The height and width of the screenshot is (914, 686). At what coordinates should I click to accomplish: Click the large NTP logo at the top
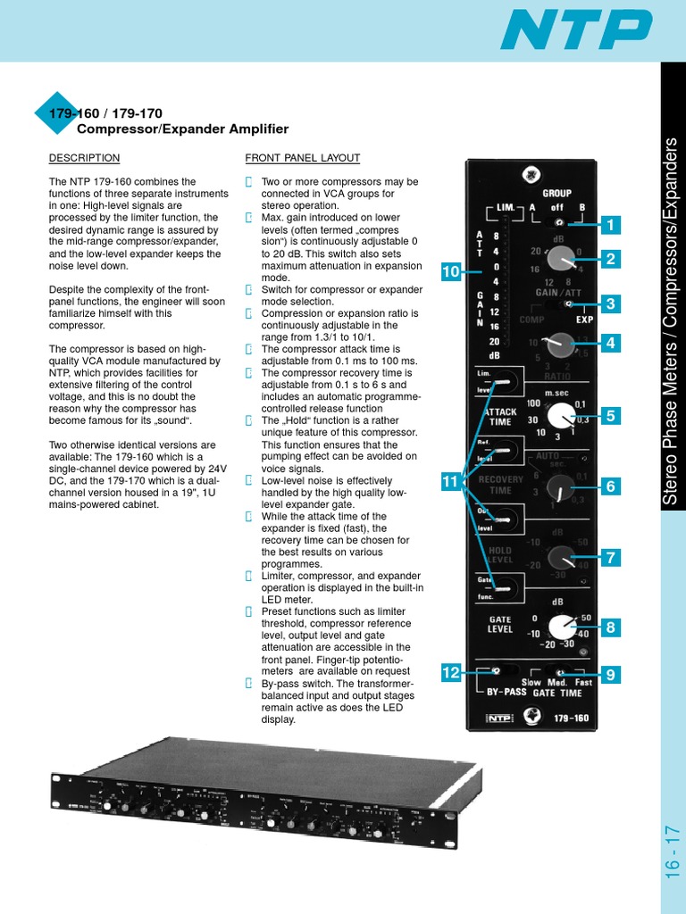tap(576, 29)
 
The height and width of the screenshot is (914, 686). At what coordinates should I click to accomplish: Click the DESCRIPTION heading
tap(84, 158)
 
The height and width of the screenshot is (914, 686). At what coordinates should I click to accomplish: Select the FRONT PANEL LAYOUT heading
tap(303, 158)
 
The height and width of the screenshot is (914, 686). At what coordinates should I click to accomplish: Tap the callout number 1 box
tap(611, 225)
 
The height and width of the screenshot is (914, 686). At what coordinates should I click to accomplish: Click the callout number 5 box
tap(611, 415)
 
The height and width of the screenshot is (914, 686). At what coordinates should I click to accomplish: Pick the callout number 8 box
tap(611, 627)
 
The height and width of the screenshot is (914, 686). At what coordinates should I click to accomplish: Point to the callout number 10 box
tap(451, 271)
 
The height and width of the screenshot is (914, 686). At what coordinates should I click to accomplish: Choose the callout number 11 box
tap(451, 482)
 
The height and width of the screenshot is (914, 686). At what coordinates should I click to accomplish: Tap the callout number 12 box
tap(451, 672)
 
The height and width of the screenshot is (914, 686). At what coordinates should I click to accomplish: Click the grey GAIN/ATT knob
tap(560, 259)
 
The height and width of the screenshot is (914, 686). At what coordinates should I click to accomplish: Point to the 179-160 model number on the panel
tap(567, 717)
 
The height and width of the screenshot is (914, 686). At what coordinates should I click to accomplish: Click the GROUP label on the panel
tap(556, 193)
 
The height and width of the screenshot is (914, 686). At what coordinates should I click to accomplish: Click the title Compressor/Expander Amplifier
tap(182, 129)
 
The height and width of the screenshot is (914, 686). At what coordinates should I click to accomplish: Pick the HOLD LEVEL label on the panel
tap(500, 555)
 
